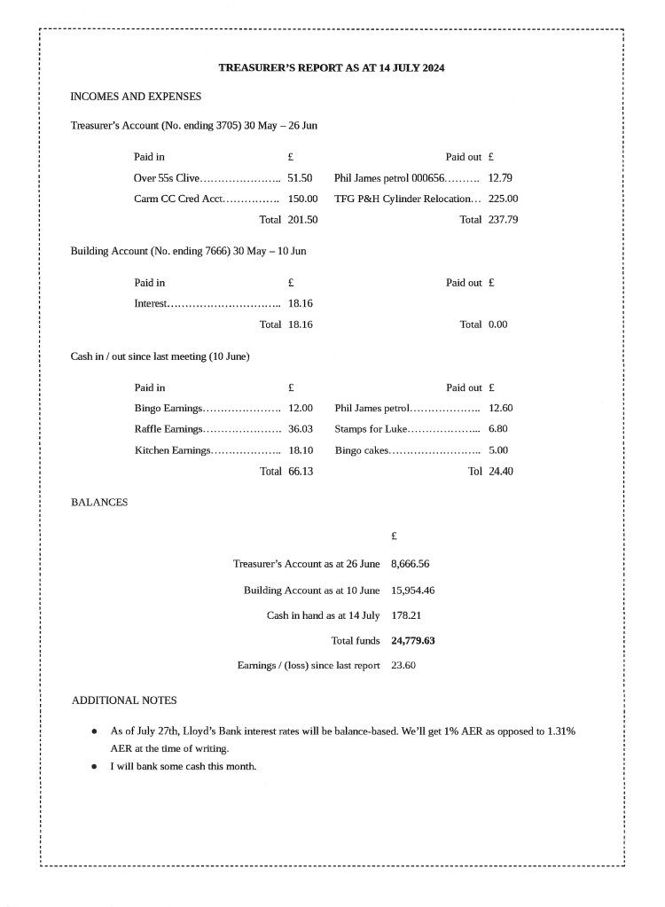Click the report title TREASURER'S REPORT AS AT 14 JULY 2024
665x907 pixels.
[x=332, y=67]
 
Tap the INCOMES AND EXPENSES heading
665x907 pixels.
[x=136, y=96]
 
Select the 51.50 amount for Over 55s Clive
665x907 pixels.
[x=300, y=177]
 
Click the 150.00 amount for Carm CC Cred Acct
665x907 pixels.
[x=302, y=199]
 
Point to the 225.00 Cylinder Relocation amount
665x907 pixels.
[x=503, y=199]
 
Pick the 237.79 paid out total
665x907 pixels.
[x=503, y=220]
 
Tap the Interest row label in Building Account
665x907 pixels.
[x=151, y=303]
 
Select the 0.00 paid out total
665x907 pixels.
[x=497, y=324]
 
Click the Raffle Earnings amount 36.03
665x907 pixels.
[x=300, y=429]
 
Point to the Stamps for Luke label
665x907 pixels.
[x=370, y=429]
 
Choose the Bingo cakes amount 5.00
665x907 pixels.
[x=497, y=450]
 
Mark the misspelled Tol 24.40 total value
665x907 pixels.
[x=500, y=472]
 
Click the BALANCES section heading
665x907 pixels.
[x=99, y=503]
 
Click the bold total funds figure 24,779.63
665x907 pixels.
[x=419, y=640]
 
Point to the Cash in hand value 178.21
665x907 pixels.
[x=405, y=615]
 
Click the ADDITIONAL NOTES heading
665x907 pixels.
[x=124, y=700]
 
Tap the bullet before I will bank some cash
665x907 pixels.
[x=94, y=766]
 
